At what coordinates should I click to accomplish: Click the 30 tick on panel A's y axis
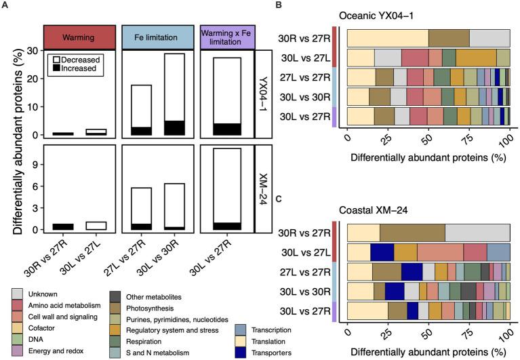coord(31,50)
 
